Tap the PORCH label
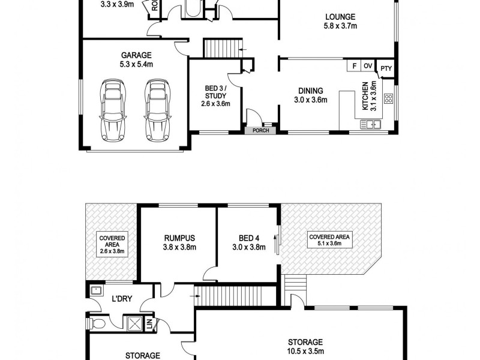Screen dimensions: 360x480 (x=260, y=130)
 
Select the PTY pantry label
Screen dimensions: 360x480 (x=386, y=68)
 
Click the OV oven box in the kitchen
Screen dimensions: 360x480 (x=367, y=66)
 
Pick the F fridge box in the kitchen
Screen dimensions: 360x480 (x=354, y=66)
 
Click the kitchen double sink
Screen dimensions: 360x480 (x=370, y=125)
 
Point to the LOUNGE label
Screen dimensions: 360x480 (x=340, y=17)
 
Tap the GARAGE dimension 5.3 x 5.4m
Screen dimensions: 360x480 (x=137, y=64)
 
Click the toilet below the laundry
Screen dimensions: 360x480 (x=98, y=325)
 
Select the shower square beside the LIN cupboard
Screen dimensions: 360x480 (x=132, y=325)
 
